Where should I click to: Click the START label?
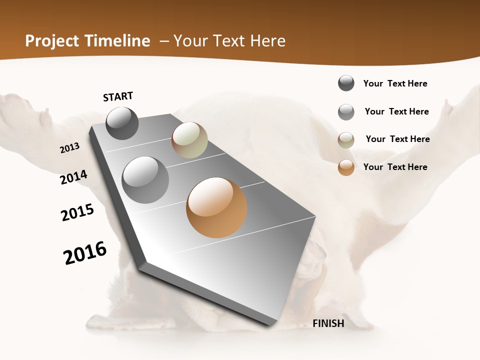[118, 96]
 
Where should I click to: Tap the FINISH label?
[328, 323]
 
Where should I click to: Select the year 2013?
[70, 147]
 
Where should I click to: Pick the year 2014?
[74, 177]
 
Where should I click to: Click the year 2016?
[85, 253]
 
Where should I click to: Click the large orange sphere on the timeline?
[216, 207]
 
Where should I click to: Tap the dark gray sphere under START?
[122, 123]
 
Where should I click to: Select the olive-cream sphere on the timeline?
[189, 140]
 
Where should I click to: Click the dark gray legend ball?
[346, 83]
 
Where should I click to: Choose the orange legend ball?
[346, 167]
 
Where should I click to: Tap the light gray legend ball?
[346, 112]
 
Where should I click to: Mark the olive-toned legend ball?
[346, 140]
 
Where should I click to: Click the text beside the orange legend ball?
[395, 167]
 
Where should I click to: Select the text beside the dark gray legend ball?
[395, 83]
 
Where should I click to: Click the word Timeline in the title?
[118, 41]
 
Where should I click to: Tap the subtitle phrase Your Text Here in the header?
[229, 41]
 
